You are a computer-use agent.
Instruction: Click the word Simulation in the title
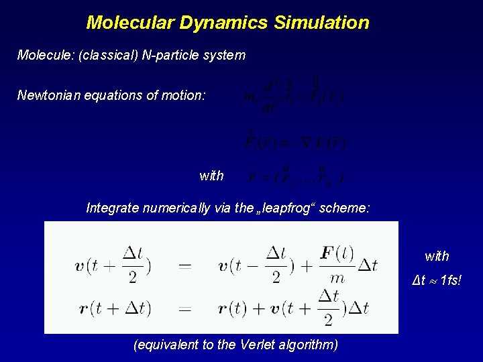[321, 23]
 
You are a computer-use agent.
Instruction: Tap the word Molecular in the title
[130, 23]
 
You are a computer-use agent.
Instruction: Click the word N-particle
[170, 55]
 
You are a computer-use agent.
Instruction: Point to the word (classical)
[108, 55]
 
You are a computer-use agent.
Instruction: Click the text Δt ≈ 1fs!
[436, 280]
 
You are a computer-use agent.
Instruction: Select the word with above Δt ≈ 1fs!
[437, 256]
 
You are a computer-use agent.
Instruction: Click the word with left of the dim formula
[211, 176]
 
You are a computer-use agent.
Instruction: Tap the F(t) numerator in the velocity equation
[337, 255]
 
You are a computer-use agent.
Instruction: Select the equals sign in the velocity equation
[184, 265]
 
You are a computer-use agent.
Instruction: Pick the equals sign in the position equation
[184, 309]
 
